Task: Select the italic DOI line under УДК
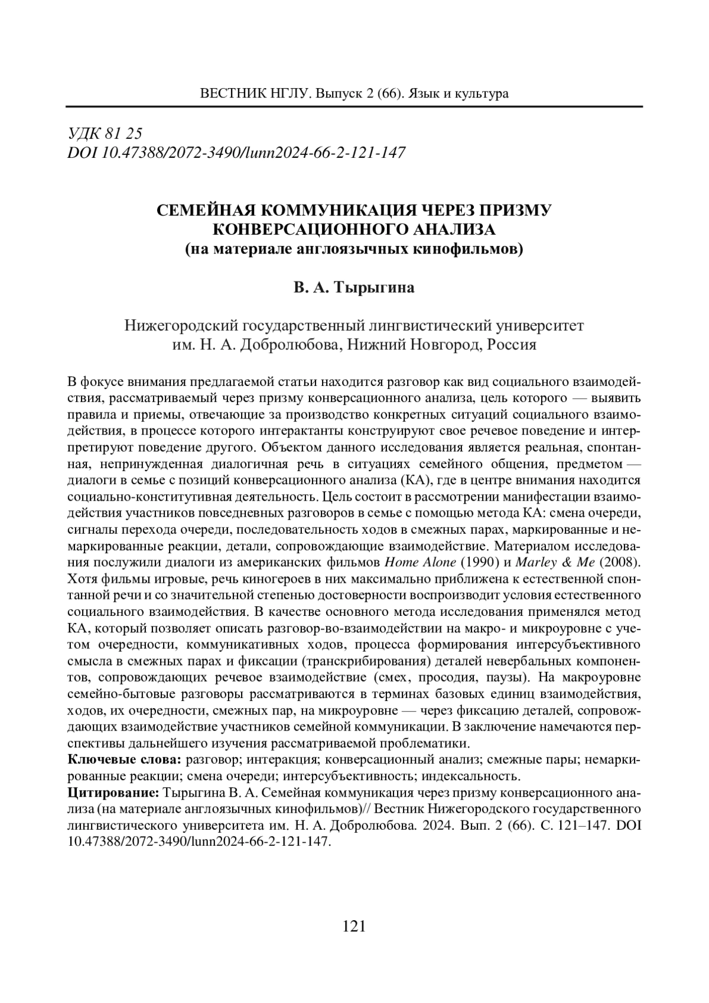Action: [x=237, y=153]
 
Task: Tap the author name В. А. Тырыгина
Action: [x=354, y=288]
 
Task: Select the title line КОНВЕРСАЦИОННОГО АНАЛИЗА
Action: [x=354, y=229]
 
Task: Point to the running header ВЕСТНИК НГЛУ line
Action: [x=354, y=94]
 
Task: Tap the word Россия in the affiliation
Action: [x=512, y=345]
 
